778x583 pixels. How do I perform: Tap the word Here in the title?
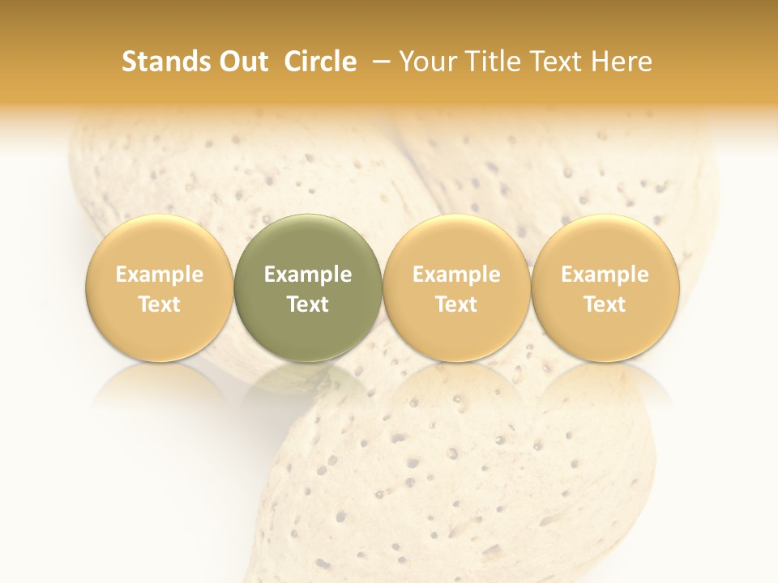tap(620, 62)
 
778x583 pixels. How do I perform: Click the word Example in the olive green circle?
tap(308, 274)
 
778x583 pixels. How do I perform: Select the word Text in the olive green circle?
tap(308, 304)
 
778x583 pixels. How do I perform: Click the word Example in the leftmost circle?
tap(160, 274)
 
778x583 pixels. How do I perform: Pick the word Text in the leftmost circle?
tap(160, 304)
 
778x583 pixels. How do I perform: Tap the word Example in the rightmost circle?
tap(605, 274)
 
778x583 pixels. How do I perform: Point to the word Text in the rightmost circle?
tap(605, 304)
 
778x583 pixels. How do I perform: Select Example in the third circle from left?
tap(456, 274)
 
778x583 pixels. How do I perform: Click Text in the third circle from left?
tap(456, 304)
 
